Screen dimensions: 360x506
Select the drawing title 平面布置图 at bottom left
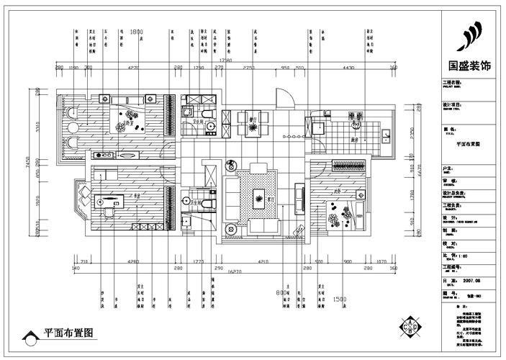click(x=68, y=333)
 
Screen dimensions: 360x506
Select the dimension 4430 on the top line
click(x=348, y=67)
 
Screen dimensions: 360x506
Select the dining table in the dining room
click(x=252, y=122)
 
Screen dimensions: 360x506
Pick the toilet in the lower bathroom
click(x=206, y=204)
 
